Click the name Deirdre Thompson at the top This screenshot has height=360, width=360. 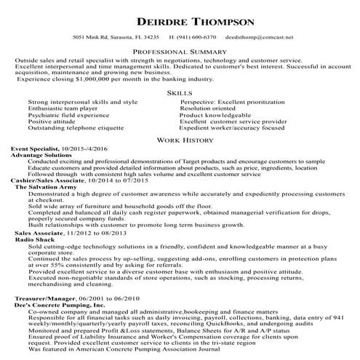coord(179,12)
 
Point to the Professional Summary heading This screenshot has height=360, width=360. coord(180,52)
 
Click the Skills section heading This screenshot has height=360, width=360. coord(180,94)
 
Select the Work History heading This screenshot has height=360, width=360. coord(180,137)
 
